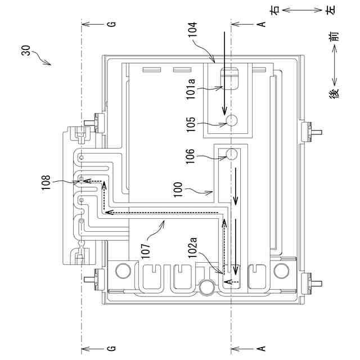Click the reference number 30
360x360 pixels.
point(26,51)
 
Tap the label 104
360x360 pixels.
point(192,29)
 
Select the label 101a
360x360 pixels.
point(191,89)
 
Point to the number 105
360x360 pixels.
point(191,124)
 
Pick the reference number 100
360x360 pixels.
point(178,190)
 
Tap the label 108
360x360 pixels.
point(46,182)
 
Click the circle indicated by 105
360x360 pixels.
point(231,120)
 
